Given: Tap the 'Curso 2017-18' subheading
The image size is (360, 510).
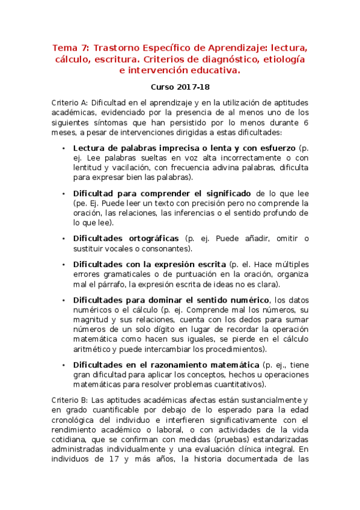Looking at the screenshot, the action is coord(180,87).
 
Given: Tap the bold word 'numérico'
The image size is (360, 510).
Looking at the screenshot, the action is coord(246,300).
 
